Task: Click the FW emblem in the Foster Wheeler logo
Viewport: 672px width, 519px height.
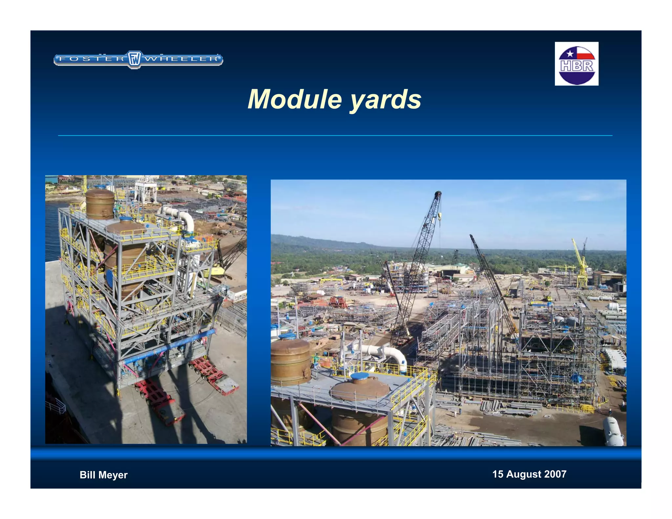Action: [134, 59]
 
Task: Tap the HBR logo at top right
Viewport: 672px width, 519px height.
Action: [577, 64]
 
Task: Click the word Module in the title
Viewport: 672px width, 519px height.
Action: [295, 99]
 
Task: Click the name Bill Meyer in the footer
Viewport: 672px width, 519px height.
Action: [103, 475]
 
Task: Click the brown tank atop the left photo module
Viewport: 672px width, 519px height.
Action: [100, 203]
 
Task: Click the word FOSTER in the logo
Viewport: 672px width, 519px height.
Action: [92, 59]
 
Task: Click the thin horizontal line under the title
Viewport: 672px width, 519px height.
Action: [335, 135]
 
